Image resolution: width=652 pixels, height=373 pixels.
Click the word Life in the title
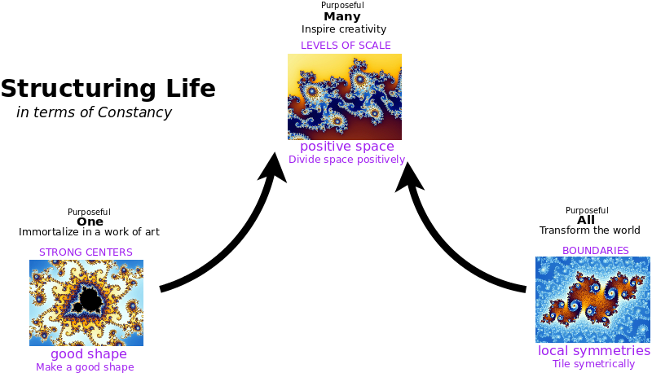pos(191,88)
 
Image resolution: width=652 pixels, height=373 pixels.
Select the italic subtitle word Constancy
pos(134,113)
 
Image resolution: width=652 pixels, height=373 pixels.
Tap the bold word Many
pos(342,17)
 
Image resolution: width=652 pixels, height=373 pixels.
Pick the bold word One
pos(90,222)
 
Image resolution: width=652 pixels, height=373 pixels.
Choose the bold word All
pos(586,220)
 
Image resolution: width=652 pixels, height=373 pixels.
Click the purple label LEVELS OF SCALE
pos(346,46)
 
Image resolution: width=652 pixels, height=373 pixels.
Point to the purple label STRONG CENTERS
pos(86,252)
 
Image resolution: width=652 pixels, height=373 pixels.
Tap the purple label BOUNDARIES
pos(596,251)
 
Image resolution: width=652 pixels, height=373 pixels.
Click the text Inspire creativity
pos(344,29)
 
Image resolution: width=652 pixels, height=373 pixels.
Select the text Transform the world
pos(589,230)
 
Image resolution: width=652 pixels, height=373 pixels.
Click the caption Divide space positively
pos(347,160)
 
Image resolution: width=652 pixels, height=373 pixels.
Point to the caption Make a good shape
pos(85,367)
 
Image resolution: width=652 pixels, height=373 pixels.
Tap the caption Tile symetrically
pos(593,364)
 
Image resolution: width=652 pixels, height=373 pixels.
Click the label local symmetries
pos(594,350)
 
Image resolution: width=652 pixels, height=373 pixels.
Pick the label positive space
pos(347,147)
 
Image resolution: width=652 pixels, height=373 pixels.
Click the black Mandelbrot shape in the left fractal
pos(88,300)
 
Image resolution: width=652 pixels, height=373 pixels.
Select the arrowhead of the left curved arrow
pos(273,168)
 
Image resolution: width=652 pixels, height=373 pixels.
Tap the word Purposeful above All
pos(587,211)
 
